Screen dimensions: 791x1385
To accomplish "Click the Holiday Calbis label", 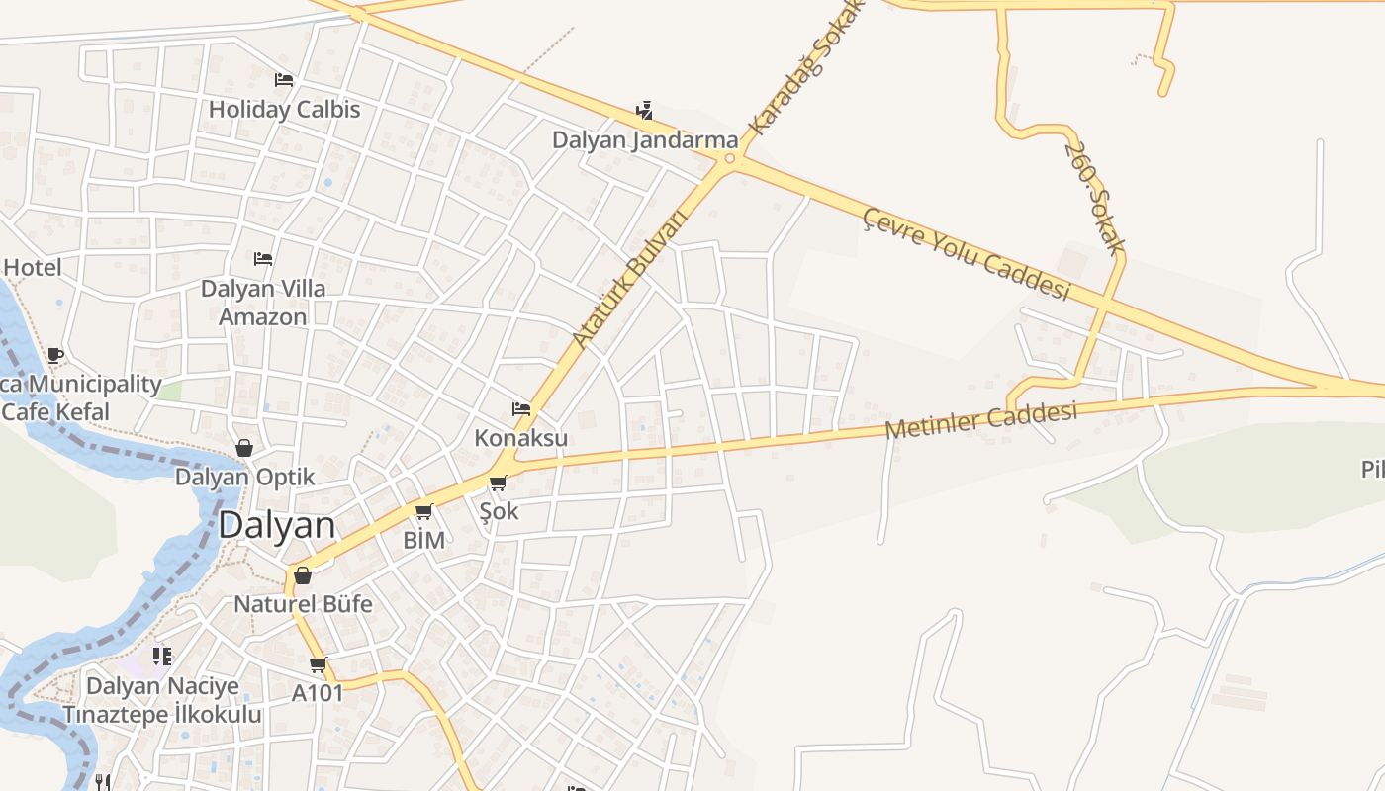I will coord(284,109).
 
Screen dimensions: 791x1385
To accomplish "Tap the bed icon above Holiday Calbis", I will coord(284,80).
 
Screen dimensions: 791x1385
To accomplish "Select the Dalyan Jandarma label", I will coord(645,139).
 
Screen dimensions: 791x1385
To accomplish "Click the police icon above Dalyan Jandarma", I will coord(645,110).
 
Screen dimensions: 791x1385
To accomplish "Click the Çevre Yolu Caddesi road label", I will coord(967,253).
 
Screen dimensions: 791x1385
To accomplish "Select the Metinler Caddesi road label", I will coord(980,420).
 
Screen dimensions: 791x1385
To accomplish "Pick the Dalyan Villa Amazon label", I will coord(262,303).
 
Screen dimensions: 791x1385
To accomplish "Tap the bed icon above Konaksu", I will coord(521,409).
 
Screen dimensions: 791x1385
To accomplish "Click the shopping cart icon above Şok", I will coord(499,483).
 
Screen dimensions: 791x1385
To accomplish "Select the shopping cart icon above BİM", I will coord(424,511).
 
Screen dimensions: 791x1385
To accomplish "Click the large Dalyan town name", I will coord(276,525).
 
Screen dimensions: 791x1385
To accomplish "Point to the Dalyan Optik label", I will coord(244,477).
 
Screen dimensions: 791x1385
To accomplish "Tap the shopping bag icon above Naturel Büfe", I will coord(303,574).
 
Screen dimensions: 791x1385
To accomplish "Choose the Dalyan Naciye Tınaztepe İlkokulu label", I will coord(162,700).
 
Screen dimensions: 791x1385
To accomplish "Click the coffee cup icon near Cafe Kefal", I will coord(55,355).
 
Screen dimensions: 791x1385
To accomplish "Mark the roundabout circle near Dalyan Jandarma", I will coord(730,158).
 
